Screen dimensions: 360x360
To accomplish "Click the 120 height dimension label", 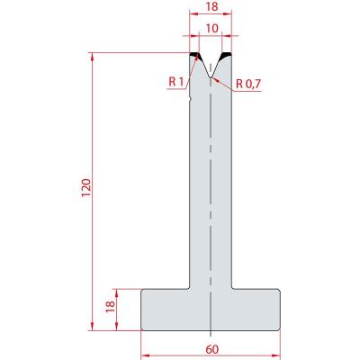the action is coord(86,187).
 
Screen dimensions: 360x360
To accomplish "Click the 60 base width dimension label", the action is coord(212,349).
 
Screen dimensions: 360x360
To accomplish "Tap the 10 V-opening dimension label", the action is coord(212,29).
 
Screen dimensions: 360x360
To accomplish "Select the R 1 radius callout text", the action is coord(175,81).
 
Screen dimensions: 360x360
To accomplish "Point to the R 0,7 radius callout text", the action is coord(248,84).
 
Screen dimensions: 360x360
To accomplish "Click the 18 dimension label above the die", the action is coord(212,7).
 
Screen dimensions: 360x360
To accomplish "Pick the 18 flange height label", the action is coord(110,306).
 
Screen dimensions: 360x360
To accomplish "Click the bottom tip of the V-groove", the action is coord(211,77).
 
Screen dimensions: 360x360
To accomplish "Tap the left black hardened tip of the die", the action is coord(194,55).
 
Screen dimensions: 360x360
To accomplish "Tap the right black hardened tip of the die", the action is coord(227,55).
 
